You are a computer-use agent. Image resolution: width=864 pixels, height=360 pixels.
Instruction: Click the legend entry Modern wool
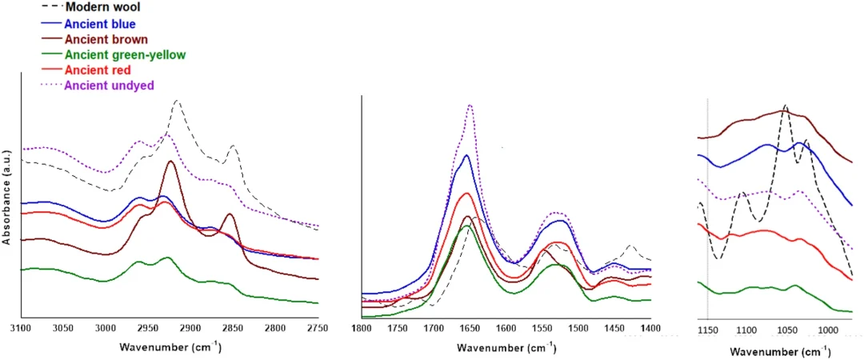click(x=98, y=7)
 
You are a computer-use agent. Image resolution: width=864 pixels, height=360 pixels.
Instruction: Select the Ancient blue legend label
click(x=99, y=23)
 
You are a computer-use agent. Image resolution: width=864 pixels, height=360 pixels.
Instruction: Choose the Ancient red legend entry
click(x=97, y=70)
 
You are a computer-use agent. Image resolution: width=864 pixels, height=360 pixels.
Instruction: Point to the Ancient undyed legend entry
click(x=109, y=85)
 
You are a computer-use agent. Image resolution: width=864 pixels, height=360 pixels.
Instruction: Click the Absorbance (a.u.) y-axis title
click(x=7, y=200)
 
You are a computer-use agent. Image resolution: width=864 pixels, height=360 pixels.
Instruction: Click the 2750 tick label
click(x=318, y=329)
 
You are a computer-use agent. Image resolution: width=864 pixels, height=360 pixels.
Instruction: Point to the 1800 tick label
click(x=362, y=329)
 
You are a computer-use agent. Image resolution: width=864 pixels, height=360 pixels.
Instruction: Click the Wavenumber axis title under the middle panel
click(x=506, y=349)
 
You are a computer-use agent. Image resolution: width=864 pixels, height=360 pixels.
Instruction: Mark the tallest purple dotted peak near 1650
click(x=470, y=104)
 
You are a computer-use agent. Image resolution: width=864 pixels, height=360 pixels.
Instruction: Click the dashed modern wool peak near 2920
click(x=177, y=102)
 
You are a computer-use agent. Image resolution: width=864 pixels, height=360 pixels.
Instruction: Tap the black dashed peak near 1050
click(x=786, y=105)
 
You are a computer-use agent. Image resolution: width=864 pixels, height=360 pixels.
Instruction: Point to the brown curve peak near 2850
click(x=230, y=214)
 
